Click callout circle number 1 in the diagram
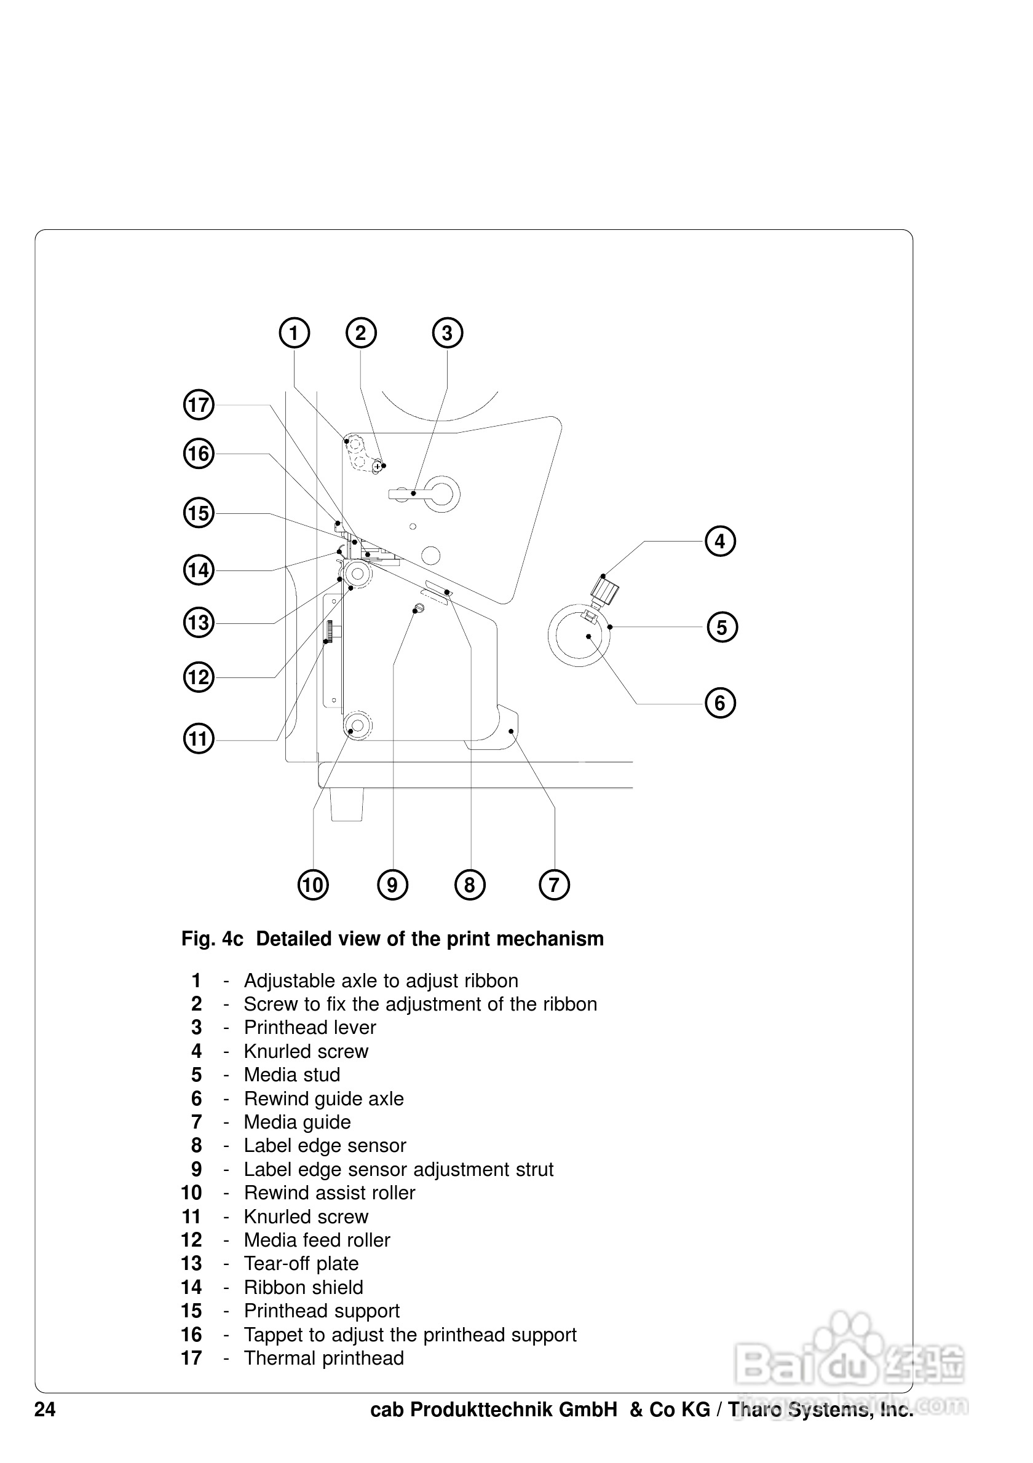pos(294,333)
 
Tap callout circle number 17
pos(198,405)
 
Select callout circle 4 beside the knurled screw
pos(720,542)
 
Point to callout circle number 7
pos(554,885)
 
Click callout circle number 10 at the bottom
pos(313,885)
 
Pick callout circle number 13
pos(198,623)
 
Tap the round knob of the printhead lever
pos(444,494)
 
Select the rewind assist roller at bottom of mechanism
pos(357,726)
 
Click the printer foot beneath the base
pos(347,804)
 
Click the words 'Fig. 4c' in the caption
pos(212,939)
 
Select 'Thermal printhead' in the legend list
pos(323,1358)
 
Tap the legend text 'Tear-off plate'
pos(301,1264)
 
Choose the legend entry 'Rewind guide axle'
pos(323,1099)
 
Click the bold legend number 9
pos(196,1170)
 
